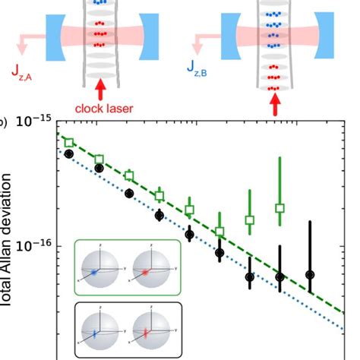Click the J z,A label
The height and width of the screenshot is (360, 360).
23,74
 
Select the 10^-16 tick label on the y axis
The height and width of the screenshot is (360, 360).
34,245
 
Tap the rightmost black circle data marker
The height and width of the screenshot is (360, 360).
310,274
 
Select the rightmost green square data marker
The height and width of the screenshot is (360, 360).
279,207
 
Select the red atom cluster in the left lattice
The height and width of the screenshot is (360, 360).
96,33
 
